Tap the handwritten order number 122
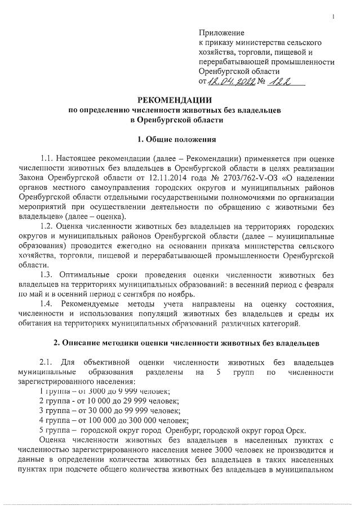coord(281,82)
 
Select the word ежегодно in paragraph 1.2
coord(146,245)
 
